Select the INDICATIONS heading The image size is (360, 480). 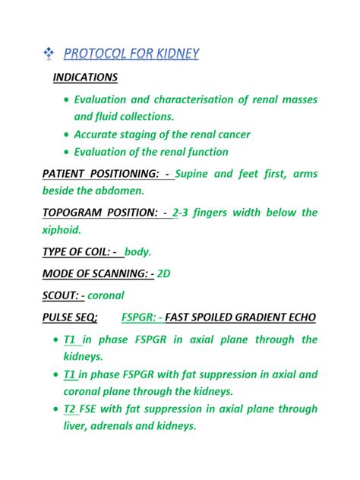tap(85, 77)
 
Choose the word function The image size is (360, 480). tap(203, 152)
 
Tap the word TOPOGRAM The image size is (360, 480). tap(79, 213)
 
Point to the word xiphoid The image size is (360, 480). tap(61, 229)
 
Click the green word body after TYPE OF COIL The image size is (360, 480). tap(137, 251)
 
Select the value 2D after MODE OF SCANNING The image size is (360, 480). tap(163, 273)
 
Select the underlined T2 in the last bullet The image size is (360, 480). tap(71, 409)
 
